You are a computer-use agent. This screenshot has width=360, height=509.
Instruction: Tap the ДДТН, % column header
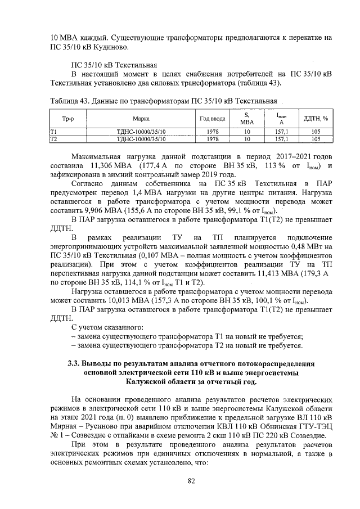(x=316, y=119)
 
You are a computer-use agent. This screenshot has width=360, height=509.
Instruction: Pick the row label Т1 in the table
(x=54, y=131)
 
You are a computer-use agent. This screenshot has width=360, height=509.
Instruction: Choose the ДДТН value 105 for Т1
(x=316, y=131)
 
